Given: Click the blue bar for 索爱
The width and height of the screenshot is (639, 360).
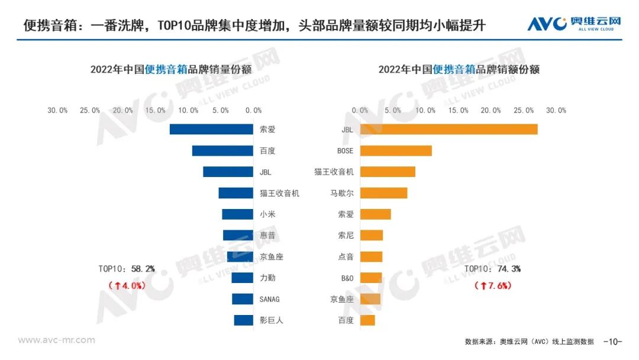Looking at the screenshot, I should point(211,129).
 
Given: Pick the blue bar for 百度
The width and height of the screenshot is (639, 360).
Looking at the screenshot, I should point(222,150).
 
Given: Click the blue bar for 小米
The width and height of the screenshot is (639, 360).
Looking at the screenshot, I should point(237,214).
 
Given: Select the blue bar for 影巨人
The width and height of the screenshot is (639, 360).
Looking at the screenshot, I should point(243,320).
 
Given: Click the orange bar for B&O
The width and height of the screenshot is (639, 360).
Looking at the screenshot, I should point(371,278).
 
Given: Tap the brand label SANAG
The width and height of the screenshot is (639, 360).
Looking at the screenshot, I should point(269,299).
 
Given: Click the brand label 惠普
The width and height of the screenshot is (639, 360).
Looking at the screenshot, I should point(267,236).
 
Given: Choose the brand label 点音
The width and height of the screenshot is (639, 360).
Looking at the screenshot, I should point(346,257).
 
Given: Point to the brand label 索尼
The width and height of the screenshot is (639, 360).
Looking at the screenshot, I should point(346,236).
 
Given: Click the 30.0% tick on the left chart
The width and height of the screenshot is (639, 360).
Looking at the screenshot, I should point(58,110).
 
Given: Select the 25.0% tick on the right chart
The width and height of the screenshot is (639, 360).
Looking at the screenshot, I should point(523,110).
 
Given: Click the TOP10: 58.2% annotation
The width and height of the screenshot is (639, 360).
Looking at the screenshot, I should point(127,269).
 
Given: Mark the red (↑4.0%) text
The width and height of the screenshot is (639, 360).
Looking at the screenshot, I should point(126,285).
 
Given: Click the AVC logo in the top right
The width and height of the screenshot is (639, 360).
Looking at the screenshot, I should point(574,24).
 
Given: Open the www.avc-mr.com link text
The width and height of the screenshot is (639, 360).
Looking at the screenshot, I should point(56,340).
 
